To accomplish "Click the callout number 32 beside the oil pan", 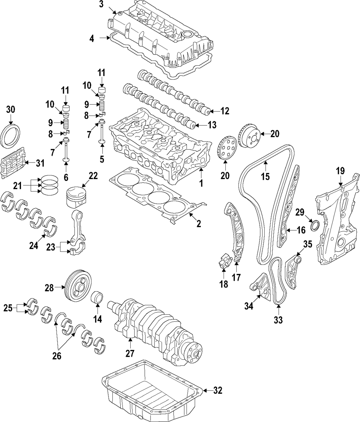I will coord(217,390).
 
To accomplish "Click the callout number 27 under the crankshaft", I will coord(130,354).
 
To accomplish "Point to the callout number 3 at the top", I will coord(101,4).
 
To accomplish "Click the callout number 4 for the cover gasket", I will coord(92,38).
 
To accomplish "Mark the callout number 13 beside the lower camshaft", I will coord(212,125).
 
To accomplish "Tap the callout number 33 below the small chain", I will coord(278,319).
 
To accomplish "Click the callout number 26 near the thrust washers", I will coord(57,356).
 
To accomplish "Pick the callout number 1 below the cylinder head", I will coord(201,183).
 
